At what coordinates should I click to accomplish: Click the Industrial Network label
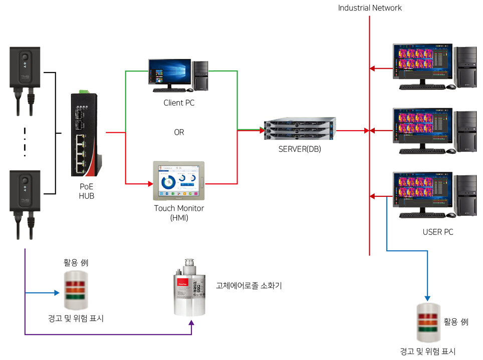(370, 8)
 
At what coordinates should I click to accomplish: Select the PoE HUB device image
(86, 132)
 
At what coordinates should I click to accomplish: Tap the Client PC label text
(179, 104)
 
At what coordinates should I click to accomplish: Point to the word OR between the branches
(179, 133)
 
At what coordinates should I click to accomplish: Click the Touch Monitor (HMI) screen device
(179, 181)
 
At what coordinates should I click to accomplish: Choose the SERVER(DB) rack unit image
(300, 129)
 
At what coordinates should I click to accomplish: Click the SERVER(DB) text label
(300, 149)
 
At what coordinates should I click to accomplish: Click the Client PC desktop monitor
(169, 73)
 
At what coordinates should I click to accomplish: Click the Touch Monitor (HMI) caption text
(179, 212)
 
